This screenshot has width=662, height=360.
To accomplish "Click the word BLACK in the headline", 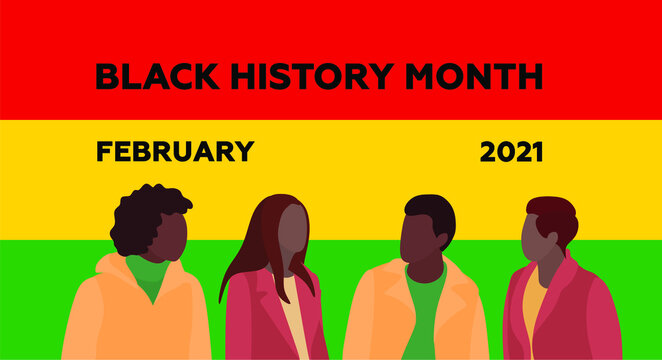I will click(x=147, y=76).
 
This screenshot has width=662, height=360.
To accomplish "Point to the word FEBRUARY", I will click(x=174, y=152).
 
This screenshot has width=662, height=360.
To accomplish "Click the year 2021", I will click(x=511, y=152).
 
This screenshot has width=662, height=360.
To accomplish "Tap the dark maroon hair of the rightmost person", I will click(x=554, y=214).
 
